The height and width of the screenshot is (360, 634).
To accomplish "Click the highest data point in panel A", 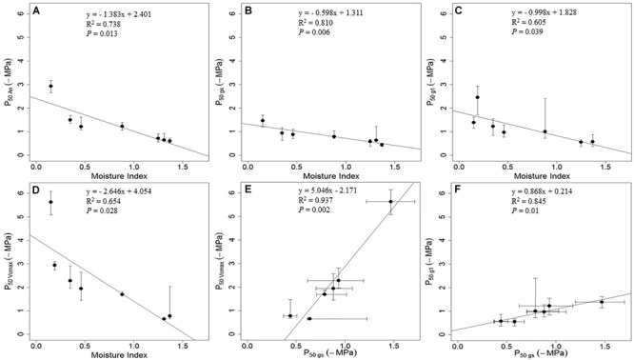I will click(50, 87).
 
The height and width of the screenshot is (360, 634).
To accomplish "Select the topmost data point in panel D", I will click(50, 202).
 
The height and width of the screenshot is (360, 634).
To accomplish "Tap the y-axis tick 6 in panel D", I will click(24, 193).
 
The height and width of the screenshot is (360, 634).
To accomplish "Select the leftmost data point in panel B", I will click(263, 121).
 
